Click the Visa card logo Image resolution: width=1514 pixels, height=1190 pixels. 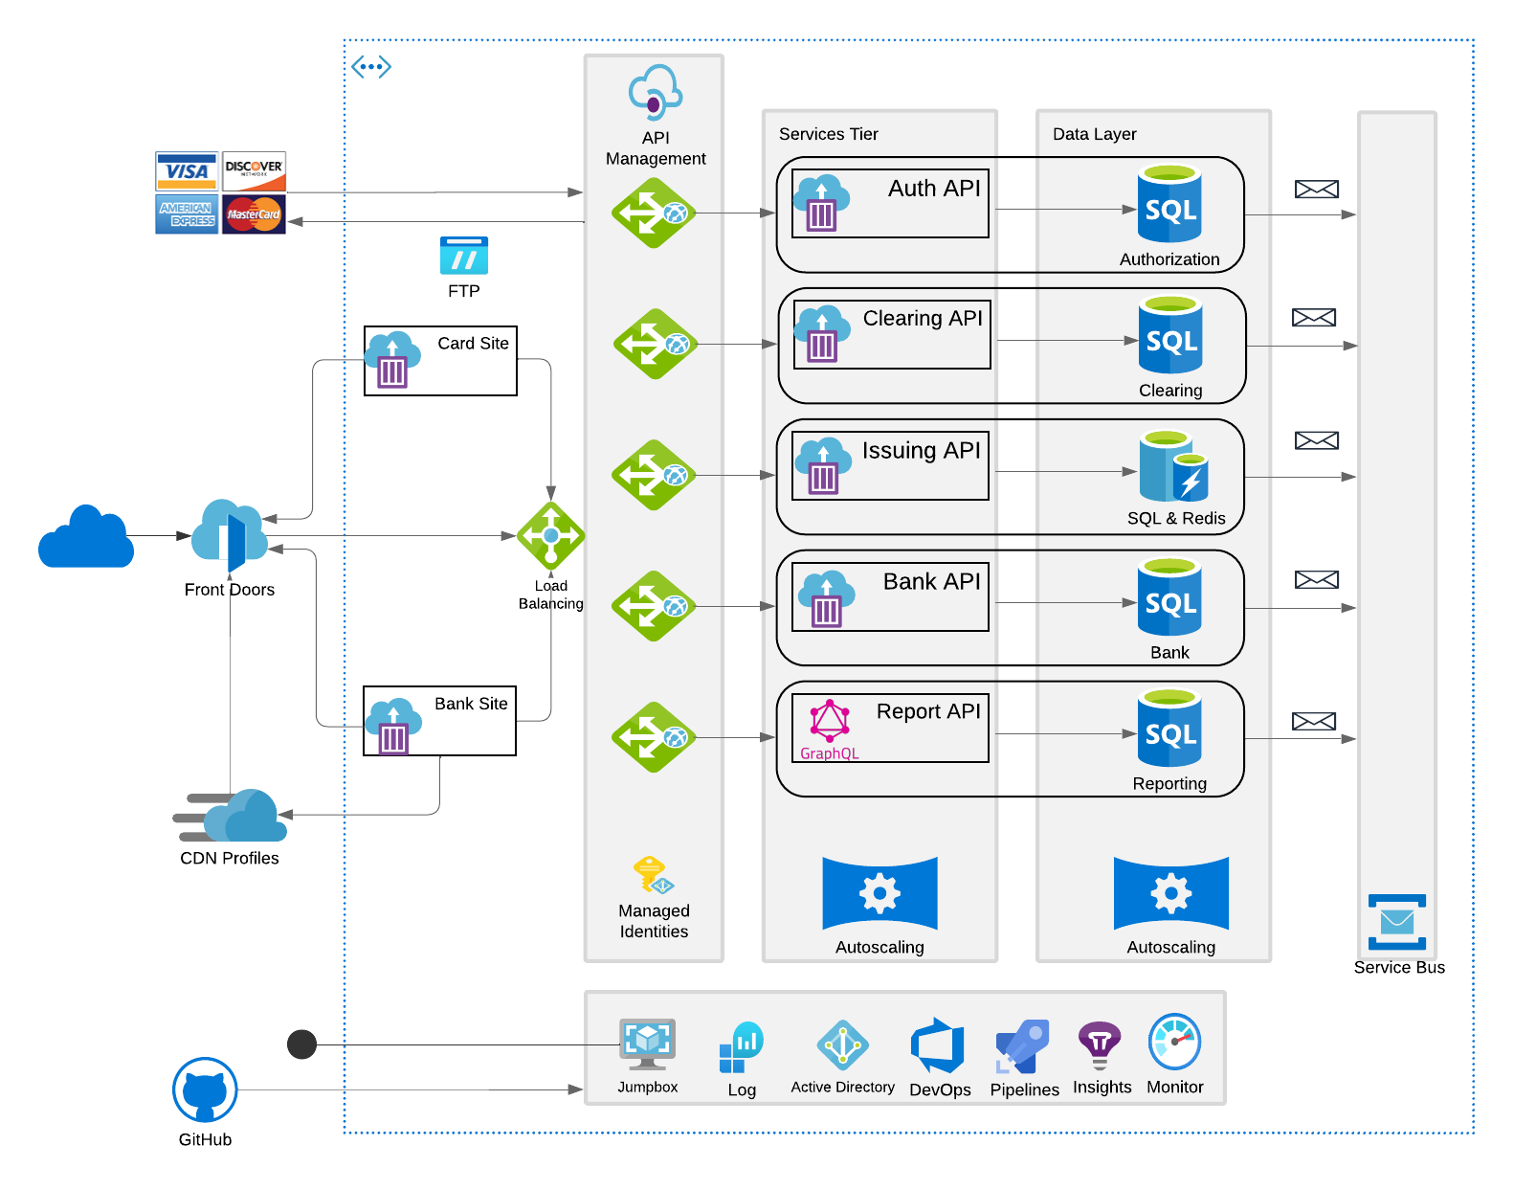(187, 170)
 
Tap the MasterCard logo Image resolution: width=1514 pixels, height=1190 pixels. (254, 213)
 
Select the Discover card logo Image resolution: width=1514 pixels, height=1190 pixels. (254, 169)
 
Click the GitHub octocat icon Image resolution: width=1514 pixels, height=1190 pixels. (205, 1089)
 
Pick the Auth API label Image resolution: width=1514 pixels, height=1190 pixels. (933, 189)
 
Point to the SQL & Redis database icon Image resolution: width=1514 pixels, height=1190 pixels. (1174, 466)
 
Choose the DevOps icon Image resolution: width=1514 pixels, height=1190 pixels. (938, 1045)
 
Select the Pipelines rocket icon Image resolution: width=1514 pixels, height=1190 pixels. (1023, 1046)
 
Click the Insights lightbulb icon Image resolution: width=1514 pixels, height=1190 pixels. (1100, 1044)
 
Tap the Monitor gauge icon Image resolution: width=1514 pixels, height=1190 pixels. (1174, 1042)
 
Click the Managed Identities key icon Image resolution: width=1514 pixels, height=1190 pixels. (653, 875)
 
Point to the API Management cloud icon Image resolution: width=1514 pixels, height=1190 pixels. (655, 92)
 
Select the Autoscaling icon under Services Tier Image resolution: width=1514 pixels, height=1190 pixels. (879, 893)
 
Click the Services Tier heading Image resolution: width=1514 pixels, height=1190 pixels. (828, 134)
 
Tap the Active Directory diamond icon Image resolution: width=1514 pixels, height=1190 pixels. (842, 1044)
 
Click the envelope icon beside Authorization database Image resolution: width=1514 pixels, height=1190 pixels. (1316, 190)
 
